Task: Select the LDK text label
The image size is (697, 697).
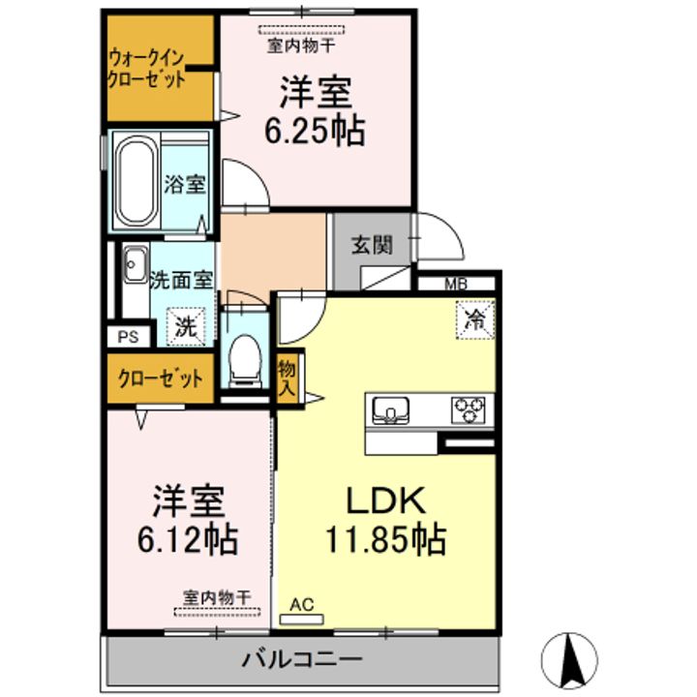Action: tap(386, 500)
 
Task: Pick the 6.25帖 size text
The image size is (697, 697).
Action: tap(316, 129)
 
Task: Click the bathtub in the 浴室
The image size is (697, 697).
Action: tap(136, 181)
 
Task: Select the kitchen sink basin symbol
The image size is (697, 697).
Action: tap(392, 409)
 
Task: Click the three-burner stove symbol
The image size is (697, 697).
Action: tap(471, 409)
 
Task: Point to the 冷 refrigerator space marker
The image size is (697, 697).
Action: tap(474, 319)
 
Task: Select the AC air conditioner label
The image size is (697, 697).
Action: tap(302, 605)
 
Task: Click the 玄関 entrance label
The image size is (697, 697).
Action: tap(371, 245)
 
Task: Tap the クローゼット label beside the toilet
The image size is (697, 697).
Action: tap(161, 378)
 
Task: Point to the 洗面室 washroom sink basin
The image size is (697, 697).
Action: tap(133, 267)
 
